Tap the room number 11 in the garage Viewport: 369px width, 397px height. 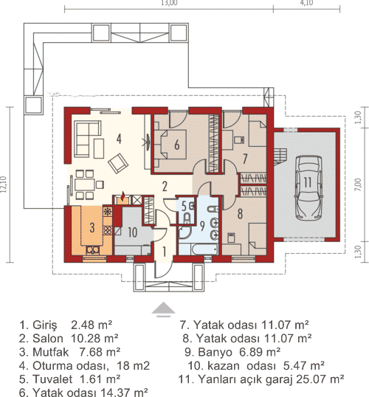pyautogui.click(x=305, y=182)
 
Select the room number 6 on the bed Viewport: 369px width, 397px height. pyautogui.click(x=177, y=145)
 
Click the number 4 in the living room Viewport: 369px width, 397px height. pyautogui.click(x=117, y=137)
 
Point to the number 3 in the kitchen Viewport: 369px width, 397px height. pyautogui.click(x=92, y=227)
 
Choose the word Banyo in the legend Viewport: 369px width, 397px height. pyautogui.click(x=215, y=351)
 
